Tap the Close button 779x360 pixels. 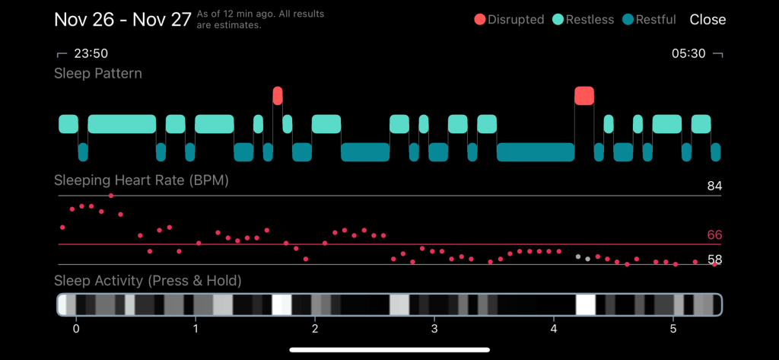pyautogui.click(x=707, y=20)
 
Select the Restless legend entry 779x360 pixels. pyautogui.click(x=582, y=20)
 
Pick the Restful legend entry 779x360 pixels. pyautogui.click(x=649, y=20)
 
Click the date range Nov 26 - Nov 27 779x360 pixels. pyautogui.click(x=122, y=20)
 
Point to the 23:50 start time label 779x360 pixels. pyautogui.click(x=90, y=53)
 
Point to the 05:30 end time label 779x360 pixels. pyautogui.click(x=688, y=53)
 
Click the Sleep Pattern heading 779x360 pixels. pyautogui.click(x=98, y=73)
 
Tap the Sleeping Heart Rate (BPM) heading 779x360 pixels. pyautogui.click(x=141, y=180)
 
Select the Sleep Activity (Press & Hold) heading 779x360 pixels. pyautogui.click(x=148, y=281)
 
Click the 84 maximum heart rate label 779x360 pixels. pyautogui.click(x=714, y=186)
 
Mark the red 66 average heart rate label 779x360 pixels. pyautogui.click(x=714, y=235)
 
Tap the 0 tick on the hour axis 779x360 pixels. pyautogui.click(x=76, y=329)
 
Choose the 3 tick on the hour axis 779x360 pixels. pyautogui.click(x=434, y=329)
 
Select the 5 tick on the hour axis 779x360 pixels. pyautogui.click(x=673, y=329)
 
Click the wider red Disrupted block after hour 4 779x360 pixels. pyautogui.click(x=584, y=96)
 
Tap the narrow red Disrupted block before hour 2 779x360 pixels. pyautogui.click(x=278, y=96)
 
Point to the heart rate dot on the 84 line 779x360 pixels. pyautogui.click(x=111, y=196)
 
